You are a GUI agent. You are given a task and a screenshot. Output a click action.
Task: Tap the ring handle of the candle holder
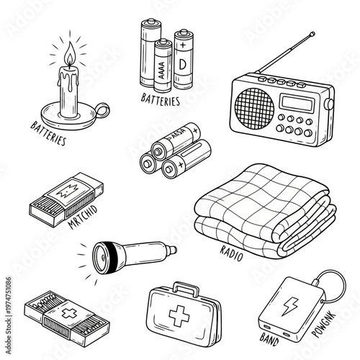(x=102, y=111)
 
